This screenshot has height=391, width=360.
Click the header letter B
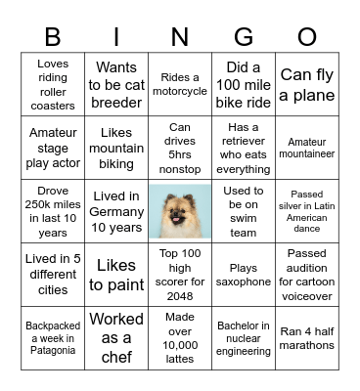(54, 36)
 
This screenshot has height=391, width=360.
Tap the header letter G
(244, 36)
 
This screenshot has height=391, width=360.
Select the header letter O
(307, 36)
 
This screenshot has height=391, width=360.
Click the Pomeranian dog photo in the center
(179, 210)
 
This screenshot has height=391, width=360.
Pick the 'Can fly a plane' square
(307, 85)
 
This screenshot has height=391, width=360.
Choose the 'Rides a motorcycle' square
(180, 85)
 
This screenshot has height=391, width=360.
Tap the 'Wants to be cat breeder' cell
(116, 85)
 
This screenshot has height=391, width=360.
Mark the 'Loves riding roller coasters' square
(53, 85)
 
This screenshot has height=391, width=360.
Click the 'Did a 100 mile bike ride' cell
(244, 85)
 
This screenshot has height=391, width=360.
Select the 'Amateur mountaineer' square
(307, 148)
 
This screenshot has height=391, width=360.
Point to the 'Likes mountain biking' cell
(116, 148)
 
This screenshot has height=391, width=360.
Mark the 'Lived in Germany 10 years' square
(116, 212)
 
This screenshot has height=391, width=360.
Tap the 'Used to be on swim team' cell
(244, 212)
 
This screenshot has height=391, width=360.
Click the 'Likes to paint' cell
(116, 276)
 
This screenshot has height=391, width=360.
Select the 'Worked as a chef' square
(116, 337)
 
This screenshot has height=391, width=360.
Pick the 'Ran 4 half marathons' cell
(307, 337)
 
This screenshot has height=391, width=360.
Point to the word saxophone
(244, 282)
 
